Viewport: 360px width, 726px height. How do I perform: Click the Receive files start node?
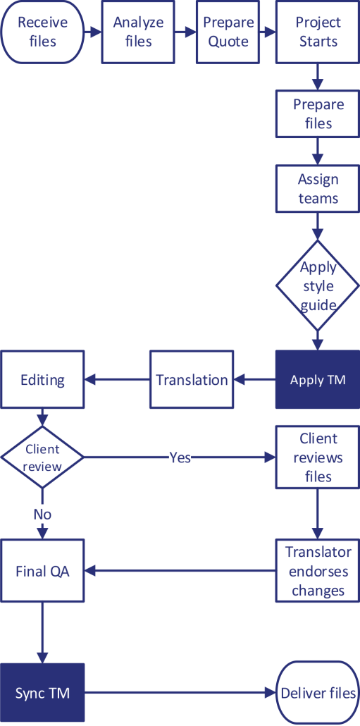pos(42,32)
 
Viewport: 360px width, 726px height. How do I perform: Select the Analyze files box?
pos(138,32)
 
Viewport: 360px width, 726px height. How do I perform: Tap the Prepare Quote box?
pos(228,32)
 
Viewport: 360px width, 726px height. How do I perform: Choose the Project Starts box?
pos(318,32)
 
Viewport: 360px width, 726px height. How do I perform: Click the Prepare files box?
pos(318,114)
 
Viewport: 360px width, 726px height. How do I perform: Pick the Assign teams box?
pos(318,189)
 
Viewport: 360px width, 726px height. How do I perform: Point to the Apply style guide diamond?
pos(318,285)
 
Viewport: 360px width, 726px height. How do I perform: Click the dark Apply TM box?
pos(317,380)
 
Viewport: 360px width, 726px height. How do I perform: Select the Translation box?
pos(192,380)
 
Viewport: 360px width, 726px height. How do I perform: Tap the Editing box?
pos(42,380)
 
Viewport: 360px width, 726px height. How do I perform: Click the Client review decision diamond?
pos(42,457)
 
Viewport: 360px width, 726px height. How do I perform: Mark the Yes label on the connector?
pos(180,457)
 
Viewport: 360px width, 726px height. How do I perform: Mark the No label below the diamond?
pos(42,515)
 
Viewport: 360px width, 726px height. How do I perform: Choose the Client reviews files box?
pos(318,457)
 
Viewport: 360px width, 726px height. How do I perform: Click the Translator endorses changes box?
pos(318,571)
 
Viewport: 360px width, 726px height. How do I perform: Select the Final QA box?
pos(42,571)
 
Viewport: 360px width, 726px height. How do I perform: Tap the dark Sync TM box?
pos(42,693)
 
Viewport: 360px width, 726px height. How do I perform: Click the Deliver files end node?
pos(318,693)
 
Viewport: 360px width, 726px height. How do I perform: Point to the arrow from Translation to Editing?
pos(117,380)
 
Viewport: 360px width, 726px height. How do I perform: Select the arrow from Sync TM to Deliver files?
pos(180,693)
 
